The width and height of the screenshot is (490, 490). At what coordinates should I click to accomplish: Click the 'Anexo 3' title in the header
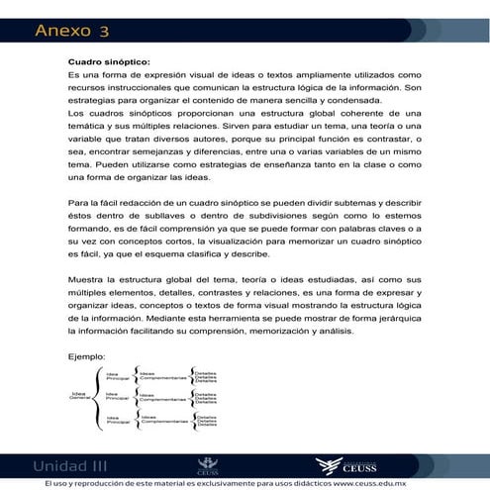tap(71, 31)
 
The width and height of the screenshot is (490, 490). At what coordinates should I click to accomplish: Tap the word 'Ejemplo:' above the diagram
tap(87, 354)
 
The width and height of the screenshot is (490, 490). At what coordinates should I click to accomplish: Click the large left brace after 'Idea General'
tap(97, 397)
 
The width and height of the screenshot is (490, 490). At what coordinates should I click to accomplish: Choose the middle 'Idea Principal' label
tap(117, 397)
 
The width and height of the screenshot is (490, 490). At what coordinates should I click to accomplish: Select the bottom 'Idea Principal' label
tap(117, 420)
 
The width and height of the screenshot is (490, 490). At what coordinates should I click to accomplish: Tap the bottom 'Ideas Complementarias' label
tap(160, 420)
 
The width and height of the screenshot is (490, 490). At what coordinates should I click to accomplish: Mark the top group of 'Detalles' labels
tap(206, 376)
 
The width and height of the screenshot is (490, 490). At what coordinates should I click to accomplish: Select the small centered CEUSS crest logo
tap(209, 464)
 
